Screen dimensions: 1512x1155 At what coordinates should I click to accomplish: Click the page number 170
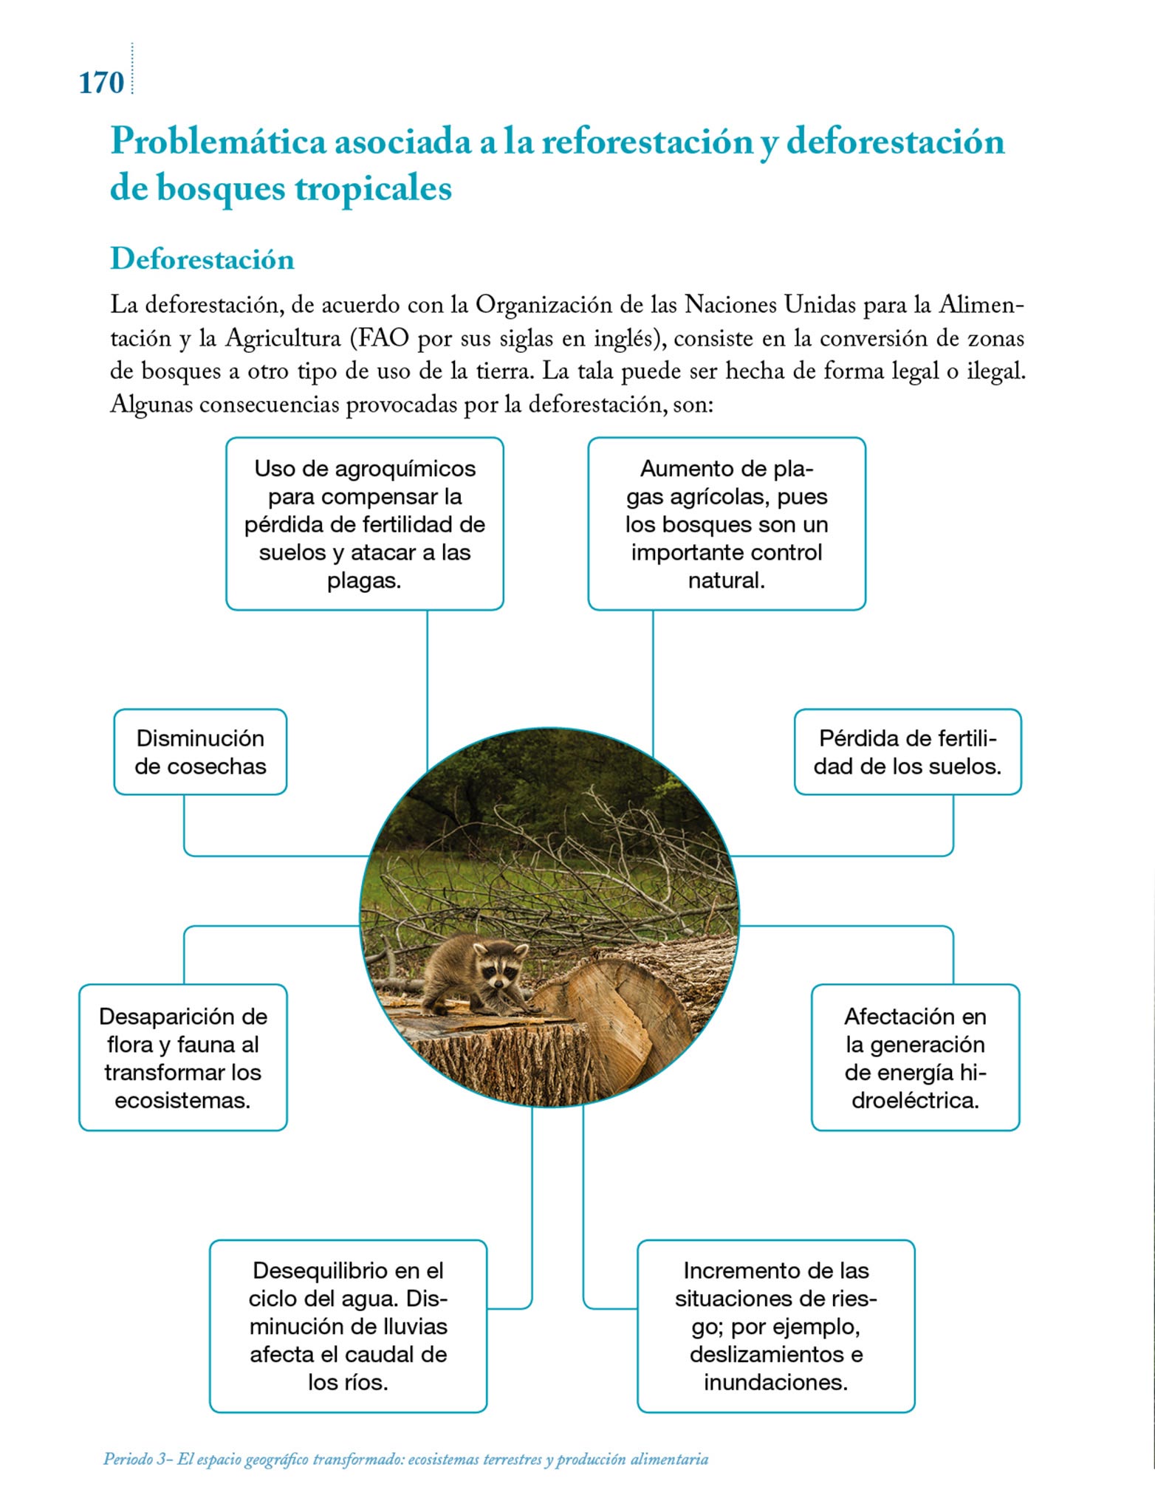[101, 83]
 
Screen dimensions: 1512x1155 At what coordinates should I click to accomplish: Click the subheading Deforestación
[202, 259]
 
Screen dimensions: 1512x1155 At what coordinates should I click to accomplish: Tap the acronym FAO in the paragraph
[383, 338]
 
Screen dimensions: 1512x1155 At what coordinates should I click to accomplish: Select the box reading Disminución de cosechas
[200, 752]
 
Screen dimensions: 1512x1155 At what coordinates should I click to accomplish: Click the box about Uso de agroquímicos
[365, 523]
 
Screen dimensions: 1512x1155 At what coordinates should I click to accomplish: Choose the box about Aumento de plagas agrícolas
[727, 523]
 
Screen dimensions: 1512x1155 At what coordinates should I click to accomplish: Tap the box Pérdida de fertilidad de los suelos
[908, 752]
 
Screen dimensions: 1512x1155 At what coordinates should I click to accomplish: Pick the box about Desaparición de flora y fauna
[183, 1057]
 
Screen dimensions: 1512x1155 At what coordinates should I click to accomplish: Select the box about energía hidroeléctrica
[915, 1057]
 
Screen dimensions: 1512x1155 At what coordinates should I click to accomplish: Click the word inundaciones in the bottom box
[775, 1381]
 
